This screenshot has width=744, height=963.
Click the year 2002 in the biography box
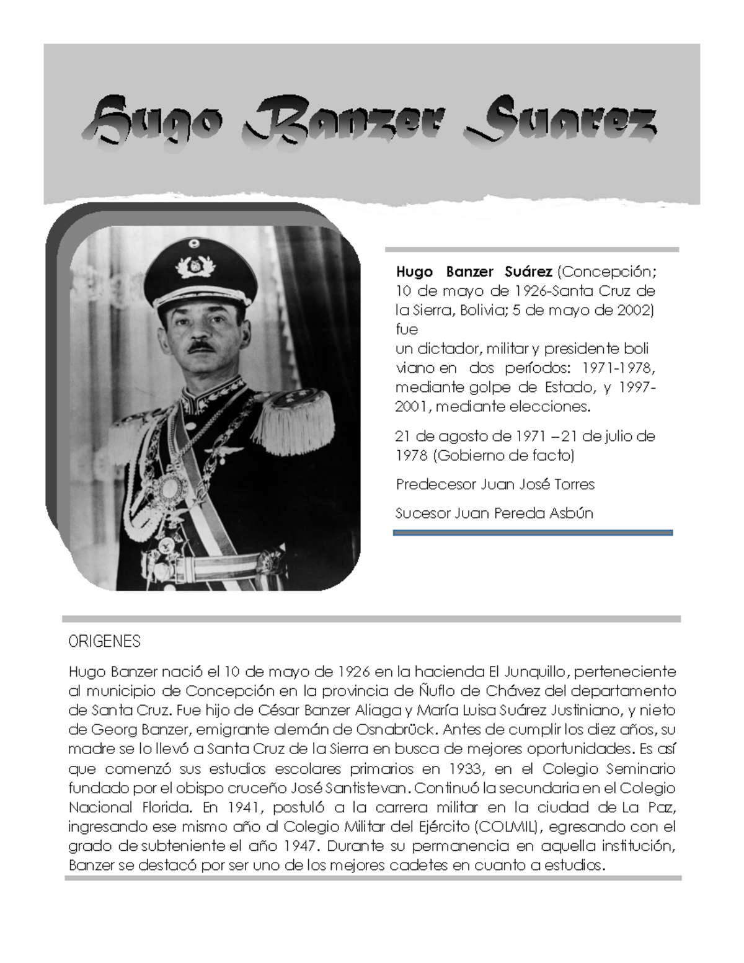pos(633,310)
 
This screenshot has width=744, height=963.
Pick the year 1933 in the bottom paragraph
pos(464,769)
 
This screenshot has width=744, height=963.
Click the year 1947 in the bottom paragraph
pos(301,846)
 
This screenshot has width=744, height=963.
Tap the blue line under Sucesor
pos(533,532)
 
